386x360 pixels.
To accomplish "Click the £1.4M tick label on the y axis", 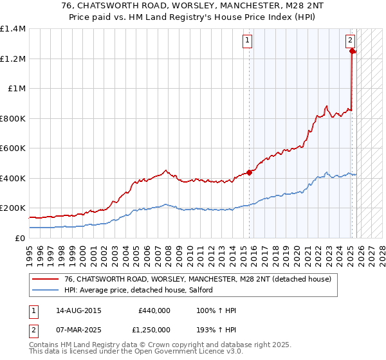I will (13, 29).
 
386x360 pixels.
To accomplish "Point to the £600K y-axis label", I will (13, 148).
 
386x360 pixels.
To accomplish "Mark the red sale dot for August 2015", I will (249, 172).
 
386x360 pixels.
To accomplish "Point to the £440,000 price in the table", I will (154, 311).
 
